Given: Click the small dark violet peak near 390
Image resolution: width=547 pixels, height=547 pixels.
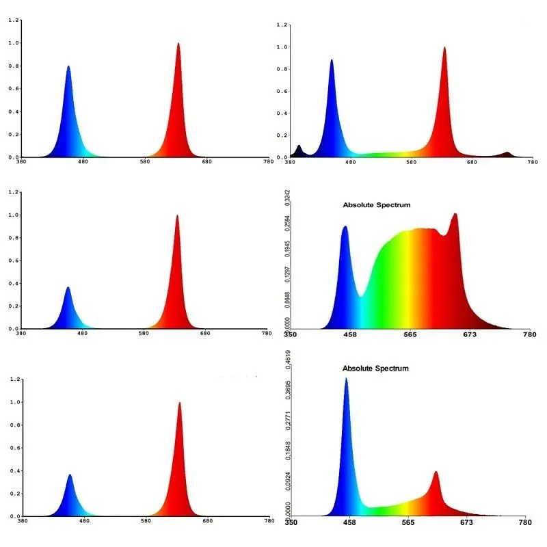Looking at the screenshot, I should pyautogui.click(x=299, y=147).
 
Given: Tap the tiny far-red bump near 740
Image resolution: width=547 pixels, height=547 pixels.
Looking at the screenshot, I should pyautogui.click(x=507, y=154).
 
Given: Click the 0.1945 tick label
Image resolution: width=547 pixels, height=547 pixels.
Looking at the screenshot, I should pyautogui.click(x=287, y=250).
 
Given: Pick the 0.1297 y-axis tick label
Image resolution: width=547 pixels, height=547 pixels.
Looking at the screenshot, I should pyautogui.click(x=287, y=275).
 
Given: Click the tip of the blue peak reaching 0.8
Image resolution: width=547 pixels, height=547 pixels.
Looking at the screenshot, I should pyautogui.click(x=68, y=67).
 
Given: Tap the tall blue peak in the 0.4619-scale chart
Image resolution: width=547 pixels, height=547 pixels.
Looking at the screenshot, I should pyautogui.click(x=346, y=380).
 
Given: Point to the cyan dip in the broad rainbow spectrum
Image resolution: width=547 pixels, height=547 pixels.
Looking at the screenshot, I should pyautogui.click(x=361, y=294).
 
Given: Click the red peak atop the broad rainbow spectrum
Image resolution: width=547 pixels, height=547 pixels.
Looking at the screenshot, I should pyautogui.click(x=454, y=215).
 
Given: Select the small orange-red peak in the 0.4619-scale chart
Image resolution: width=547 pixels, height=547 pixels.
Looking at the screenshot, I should pyautogui.click(x=436, y=473).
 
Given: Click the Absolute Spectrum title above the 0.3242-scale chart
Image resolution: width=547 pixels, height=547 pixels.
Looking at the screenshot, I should pyautogui.click(x=376, y=204).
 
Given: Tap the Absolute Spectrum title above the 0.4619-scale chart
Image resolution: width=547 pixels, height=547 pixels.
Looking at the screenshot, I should pyautogui.click(x=375, y=369).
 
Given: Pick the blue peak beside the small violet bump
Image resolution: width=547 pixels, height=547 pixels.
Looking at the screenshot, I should pyautogui.click(x=332, y=62).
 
